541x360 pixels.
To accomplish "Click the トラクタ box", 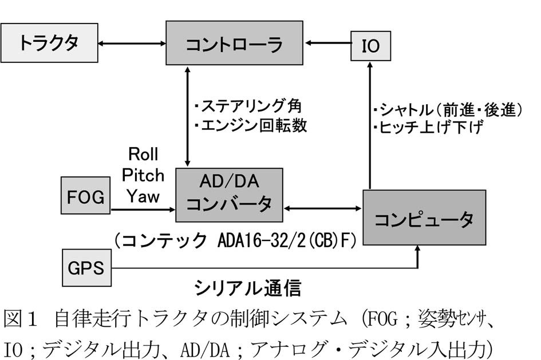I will click(48, 44).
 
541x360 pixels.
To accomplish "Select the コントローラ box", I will click(234, 43).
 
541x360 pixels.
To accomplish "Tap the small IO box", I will click(371, 45).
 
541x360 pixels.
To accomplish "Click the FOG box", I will click(86, 197).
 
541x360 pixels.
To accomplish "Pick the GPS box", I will click(86, 267).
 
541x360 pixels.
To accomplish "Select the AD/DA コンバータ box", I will click(229, 195).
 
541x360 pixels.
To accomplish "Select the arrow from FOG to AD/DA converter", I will click(143, 210).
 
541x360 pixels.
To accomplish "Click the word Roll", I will click(143, 154).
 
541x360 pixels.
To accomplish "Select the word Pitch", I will click(143, 175).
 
